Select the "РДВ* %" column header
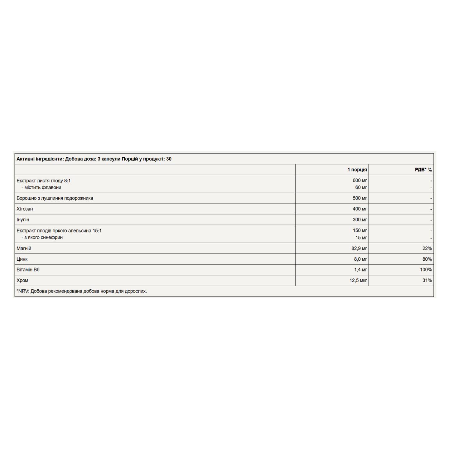click(423, 170)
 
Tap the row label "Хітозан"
click(25, 209)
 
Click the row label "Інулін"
click(23, 220)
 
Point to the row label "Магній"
click(24, 249)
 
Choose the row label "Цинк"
click(22, 259)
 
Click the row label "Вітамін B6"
click(28, 270)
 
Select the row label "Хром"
click(22, 280)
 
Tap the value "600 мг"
click(360, 181)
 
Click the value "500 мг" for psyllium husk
click(360, 198)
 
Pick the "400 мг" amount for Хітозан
click(360, 209)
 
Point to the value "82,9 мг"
click(359, 249)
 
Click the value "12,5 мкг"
click(358, 280)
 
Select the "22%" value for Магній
click(427, 249)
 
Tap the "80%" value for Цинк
click(427, 259)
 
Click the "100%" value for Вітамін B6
click(426, 270)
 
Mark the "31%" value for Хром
click(427, 280)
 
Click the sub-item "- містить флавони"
click(41, 187)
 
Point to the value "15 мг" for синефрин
click(361, 238)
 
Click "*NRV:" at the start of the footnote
click(23, 291)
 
